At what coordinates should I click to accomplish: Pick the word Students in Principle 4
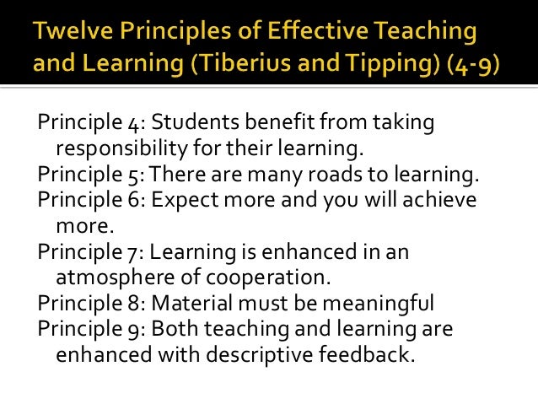pyautogui.click(x=191, y=125)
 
